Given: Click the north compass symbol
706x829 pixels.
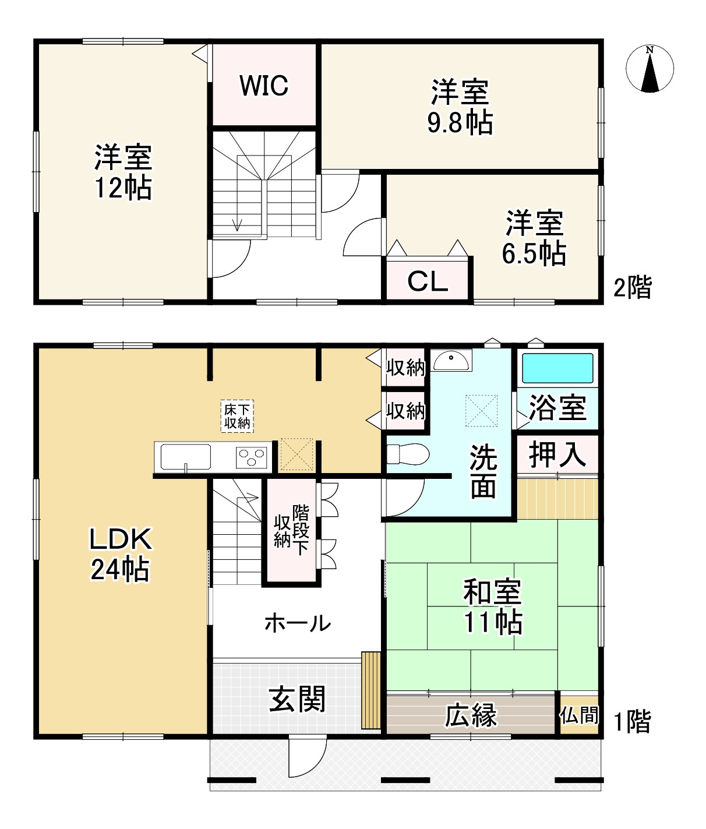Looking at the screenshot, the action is [x=650, y=69].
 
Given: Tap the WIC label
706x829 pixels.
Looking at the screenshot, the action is [x=264, y=86].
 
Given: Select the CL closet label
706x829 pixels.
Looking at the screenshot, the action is [x=428, y=281].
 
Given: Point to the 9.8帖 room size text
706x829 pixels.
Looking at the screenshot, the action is [x=460, y=123].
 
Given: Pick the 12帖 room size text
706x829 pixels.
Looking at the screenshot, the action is [x=123, y=188].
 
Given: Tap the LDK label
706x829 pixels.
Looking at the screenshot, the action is [x=121, y=539].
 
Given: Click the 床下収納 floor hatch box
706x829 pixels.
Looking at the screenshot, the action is [x=237, y=416].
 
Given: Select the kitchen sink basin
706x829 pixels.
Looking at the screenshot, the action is [x=186, y=457].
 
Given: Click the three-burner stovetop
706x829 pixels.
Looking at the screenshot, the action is [x=252, y=457].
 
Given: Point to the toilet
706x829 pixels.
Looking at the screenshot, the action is [x=408, y=454].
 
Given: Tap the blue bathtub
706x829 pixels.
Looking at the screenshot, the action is [x=557, y=368].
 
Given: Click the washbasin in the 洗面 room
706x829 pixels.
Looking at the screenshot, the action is [x=451, y=360].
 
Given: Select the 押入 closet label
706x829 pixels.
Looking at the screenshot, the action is [x=557, y=454].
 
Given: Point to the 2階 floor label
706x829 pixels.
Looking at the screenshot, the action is [x=633, y=287].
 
